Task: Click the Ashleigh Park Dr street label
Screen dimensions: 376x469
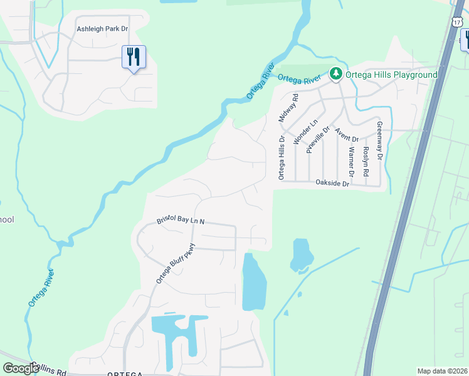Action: (102, 29)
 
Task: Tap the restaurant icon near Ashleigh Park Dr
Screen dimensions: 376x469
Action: (134, 57)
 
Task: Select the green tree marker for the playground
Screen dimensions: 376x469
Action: (336, 75)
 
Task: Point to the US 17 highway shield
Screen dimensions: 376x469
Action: (456, 21)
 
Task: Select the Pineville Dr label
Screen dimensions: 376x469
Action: (317, 140)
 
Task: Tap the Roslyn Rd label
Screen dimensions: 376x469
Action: (366, 162)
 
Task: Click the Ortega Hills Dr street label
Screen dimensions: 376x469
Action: (282, 157)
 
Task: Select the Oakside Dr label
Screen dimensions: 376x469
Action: (332, 184)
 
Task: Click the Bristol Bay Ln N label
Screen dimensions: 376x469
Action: (181, 222)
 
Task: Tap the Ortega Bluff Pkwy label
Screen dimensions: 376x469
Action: (176, 263)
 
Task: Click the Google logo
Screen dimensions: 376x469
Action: (21, 368)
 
